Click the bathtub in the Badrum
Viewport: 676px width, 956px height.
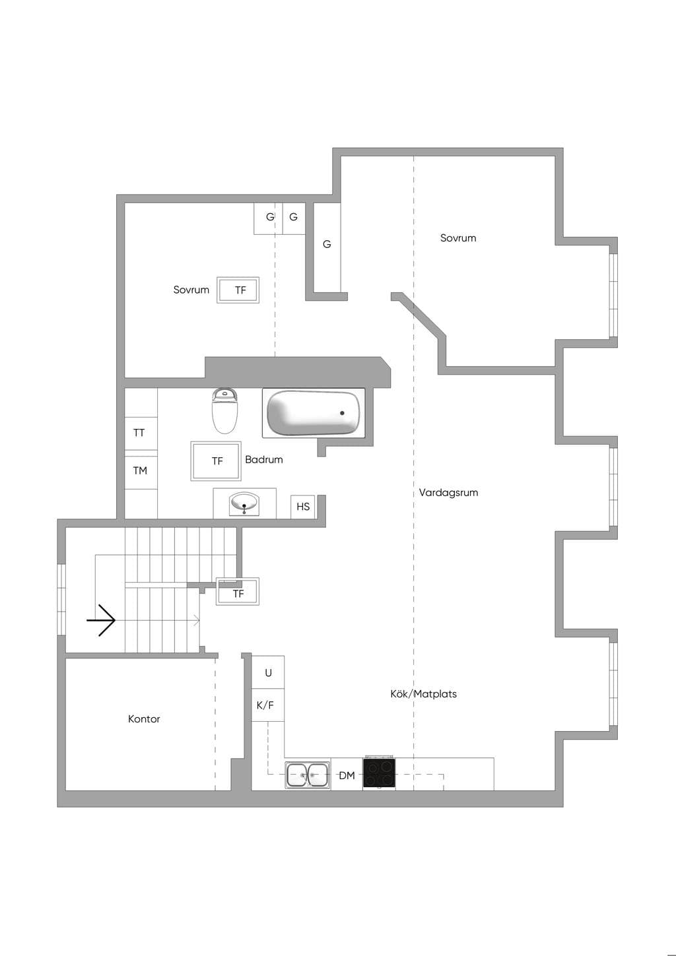click(314, 413)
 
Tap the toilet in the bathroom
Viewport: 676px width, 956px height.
click(224, 410)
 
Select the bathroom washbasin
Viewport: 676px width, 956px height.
click(244, 504)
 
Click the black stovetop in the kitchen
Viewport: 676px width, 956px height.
click(379, 773)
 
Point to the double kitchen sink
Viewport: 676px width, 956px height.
click(308, 775)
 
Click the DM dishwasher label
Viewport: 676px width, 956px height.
click(347, 775)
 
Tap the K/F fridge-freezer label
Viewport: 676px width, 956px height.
click(265, 705)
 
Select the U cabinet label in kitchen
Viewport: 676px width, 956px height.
click(268, 673)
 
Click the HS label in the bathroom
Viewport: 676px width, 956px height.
click(303, 507)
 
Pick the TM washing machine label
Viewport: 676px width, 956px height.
click(140, 470)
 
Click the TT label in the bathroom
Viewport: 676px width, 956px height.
click(139, 433)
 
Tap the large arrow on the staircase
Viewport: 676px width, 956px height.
click(101, 620)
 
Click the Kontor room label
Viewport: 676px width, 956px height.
click(144, 718)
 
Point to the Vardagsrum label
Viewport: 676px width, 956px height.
click(448, 492)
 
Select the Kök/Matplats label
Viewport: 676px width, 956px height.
click(423, 693)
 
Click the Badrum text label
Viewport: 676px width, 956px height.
click(264, 460)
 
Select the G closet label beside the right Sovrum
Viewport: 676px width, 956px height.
click(327, 244)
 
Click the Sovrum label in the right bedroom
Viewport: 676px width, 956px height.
click(458, 238)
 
